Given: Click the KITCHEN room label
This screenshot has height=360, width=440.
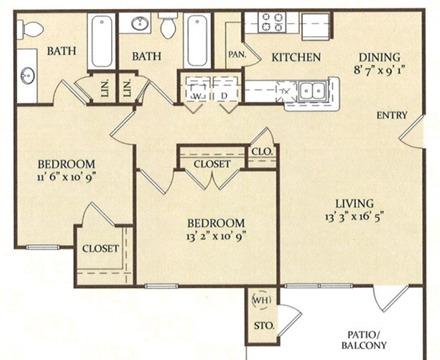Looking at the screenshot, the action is click(x=296, y=57).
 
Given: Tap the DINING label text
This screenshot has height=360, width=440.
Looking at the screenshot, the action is click(x=379, y=57).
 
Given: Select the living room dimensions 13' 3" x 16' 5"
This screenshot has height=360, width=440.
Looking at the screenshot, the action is click(x=353, y=217).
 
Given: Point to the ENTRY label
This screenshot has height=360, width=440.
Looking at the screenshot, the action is click(x=392, y=115).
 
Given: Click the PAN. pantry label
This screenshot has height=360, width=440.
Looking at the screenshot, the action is click(x=237, y=54).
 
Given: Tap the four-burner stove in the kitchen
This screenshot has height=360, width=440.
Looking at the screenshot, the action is click(x=272, y=22).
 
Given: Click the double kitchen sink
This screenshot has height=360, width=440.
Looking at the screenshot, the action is click(x=312, y=89).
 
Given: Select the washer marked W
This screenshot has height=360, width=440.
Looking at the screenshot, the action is click(x=197, y=89).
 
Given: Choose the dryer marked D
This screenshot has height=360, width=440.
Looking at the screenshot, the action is click(x=225, y=89).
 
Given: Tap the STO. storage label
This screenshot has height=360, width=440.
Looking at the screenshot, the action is click(x=264, y=325).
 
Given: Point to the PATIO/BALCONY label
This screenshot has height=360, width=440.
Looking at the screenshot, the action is click(x=364, y=340).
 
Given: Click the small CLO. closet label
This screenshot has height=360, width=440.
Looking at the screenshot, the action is click(x=262, y=152).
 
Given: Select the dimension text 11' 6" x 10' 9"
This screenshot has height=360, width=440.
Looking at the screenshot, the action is click(x=67, y=177).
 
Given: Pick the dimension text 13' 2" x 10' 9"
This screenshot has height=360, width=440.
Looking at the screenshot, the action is click(x=216, y=236).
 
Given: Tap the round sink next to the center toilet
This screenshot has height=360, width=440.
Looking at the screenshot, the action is click(x=140, y=23).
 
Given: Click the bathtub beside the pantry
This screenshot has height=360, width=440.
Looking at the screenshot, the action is click(x=197, y=40).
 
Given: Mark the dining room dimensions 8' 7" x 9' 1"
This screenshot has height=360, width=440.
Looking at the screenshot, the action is click(x=379, y=70).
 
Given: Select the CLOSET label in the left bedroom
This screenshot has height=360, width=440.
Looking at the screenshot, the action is click(x=100, y=248).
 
